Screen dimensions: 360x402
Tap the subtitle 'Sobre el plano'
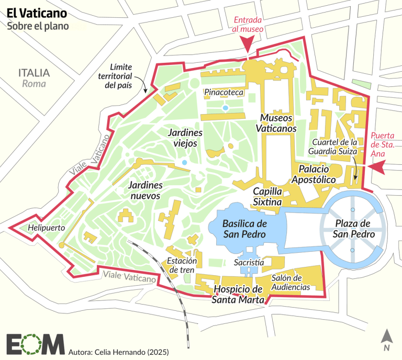tap(37, 25)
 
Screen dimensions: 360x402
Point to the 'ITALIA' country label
tap(33, 73)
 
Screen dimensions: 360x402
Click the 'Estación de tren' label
tap(182, 265)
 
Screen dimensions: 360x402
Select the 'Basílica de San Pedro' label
tap(245, 228)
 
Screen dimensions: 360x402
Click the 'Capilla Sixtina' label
tap(267, 197)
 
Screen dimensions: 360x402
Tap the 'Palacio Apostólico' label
tap(317, 174)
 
